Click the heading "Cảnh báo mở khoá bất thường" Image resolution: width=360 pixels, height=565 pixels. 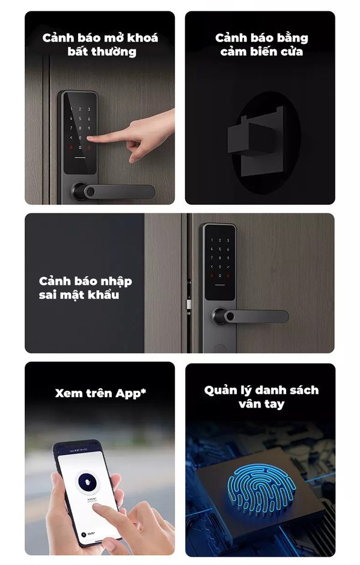coord(100,44)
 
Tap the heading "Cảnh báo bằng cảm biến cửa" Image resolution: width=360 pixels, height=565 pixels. coord(261,44)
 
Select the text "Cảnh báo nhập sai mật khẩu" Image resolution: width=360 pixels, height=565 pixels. coord(85,288)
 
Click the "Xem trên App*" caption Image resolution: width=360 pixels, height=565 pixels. coord(100,394)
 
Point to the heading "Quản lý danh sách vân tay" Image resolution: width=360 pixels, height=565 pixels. coord(260,397)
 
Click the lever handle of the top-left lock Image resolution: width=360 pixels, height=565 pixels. coord(120,192)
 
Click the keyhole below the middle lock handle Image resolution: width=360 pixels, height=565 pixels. coord(220,348)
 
